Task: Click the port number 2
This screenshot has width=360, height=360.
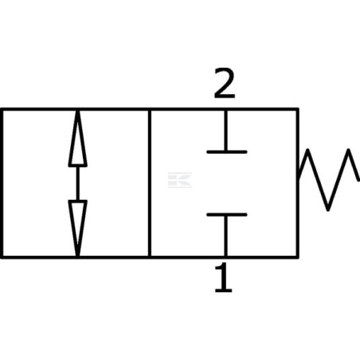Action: click(225, 83)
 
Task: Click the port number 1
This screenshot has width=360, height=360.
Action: click(224, 278)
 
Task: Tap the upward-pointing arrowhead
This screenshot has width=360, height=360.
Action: click(77, 139)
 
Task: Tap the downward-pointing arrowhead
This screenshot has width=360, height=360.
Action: click(77, 229)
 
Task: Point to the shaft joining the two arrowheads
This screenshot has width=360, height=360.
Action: click(77, 183)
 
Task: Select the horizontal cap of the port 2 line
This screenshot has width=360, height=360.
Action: click(227, 152)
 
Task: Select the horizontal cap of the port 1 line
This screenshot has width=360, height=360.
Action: click(227, 214)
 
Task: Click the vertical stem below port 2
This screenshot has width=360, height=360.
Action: click(225, 131)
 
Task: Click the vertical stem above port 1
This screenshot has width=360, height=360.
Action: click(225, 236)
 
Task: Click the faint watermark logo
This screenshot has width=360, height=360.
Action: click(180, 180)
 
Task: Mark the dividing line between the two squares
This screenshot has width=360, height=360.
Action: click(150, 183)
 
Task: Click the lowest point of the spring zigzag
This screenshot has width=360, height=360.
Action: click(328, 210)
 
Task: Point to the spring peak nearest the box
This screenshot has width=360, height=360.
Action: click(307, 150)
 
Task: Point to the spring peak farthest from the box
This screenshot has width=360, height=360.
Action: click(349, 150)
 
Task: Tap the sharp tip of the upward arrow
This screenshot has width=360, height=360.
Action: click(77, 111)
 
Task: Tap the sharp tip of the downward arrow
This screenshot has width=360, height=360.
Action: click(77, 256)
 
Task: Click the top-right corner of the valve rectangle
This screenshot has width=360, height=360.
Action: click(298, 109)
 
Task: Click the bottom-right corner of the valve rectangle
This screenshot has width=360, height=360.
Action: click(298, 257)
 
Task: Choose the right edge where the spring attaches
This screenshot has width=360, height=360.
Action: click(298, 183)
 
